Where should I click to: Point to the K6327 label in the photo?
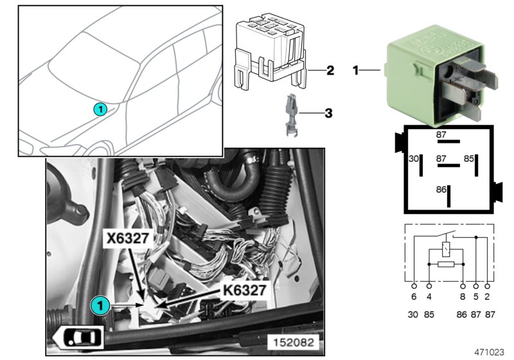point(244,291)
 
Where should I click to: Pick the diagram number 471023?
point(490,352)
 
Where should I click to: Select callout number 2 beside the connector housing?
point(330,70)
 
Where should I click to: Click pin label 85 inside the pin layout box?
point(469,158)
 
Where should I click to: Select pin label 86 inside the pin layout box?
point(441,190)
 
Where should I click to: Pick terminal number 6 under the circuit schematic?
point(414,298)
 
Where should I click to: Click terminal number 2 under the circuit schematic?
point(489,298)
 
